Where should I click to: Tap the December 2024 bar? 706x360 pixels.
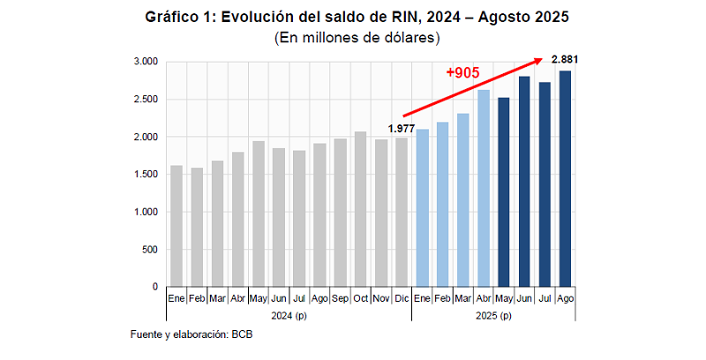tap(402, 213)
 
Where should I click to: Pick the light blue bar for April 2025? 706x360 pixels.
tap(484, 189)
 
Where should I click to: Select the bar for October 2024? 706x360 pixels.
tap(360, 209)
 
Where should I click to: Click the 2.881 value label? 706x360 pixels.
tap(565, 59)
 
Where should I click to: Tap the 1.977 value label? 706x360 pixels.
tap(401, 129)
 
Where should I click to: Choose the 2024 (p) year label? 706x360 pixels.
tap(289, 315)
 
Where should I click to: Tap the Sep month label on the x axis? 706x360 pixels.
tap(340, 300)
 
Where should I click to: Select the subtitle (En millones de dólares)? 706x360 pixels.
tap(357, 38)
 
